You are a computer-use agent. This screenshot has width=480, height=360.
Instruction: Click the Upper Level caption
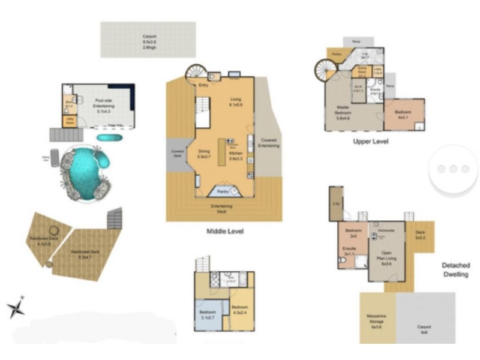[x=370, y=142]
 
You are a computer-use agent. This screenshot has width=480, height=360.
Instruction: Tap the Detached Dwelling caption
[x=455, y=269]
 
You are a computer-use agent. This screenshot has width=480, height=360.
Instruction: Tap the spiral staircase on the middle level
[x=195, y=73]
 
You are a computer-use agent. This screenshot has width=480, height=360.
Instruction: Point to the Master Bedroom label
[x=343, y=112]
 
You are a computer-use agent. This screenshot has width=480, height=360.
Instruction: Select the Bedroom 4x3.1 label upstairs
[x=403, y=115]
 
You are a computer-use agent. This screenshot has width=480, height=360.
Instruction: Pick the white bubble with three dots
[x=454, y=169]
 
